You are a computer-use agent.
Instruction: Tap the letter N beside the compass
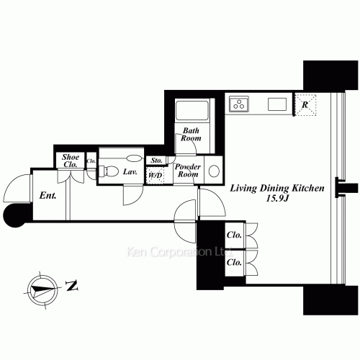point(71,287)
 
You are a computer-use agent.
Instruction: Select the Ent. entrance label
point(48,194)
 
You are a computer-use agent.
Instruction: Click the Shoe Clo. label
point(71,161)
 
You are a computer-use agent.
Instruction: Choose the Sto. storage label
point(155,161)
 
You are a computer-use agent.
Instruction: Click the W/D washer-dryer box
point(155,175)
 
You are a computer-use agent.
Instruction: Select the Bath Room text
point(190,135)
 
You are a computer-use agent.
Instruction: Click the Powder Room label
point(189,170)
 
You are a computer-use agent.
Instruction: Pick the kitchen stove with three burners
point(239,104)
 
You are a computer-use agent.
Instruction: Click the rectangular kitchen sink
point(278,104)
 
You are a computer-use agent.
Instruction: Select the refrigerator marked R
point(307,105)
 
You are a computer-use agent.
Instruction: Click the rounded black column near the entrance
point(14,215)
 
